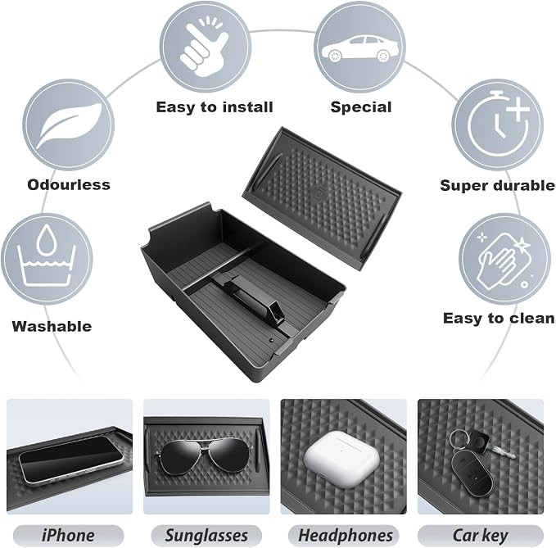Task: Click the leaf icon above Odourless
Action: tap(69, 125)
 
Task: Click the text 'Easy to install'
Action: tap(215, 107)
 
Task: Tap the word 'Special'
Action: tap(361, 107)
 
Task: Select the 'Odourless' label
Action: tap(69, 185)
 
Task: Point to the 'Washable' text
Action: tap(52, 326)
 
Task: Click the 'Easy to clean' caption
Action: tap(499, 318)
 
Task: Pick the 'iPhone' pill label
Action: tap(69, 536)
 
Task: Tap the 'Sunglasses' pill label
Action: tap(206, 536)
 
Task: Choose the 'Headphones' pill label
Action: tap(344, 536)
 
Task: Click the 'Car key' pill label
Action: tap(481, 536)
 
